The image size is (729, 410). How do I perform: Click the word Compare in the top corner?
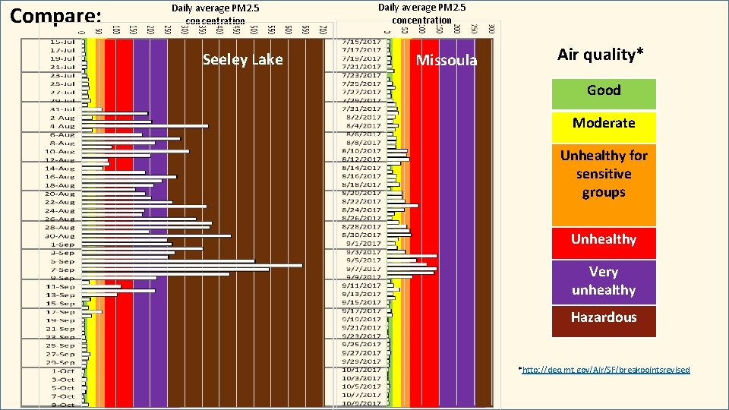[55, 16]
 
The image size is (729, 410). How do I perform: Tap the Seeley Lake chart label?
[242, 60]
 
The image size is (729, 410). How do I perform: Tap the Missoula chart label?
[447, 61]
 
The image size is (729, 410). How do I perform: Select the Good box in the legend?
[604, 91]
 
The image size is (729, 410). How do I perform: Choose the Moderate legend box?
[604, 124]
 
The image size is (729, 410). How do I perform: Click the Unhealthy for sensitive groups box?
[604, 175]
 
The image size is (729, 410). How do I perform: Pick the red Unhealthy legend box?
[604, 240]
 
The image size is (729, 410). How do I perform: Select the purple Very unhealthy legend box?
[604, 281]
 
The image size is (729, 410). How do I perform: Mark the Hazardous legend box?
[604, 317]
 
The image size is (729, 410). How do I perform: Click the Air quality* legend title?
[600, 55]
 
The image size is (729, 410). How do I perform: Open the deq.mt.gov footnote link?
[605, 370]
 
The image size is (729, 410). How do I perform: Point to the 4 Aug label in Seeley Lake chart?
[62, 126]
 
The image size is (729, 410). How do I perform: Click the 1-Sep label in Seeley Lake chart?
[62, 244]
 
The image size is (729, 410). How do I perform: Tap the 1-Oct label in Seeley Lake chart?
[62, 371]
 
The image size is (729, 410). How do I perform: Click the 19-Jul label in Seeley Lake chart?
[62, 58]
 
